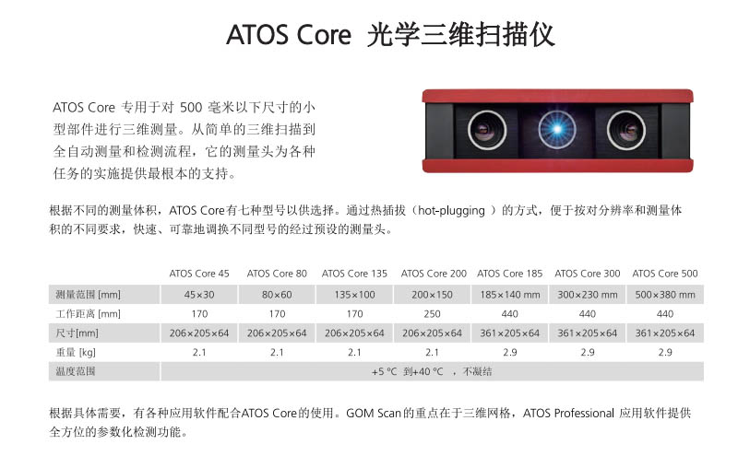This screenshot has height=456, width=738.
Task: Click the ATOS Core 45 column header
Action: pos(199,274)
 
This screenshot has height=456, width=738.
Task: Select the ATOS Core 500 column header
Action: pos(664,274)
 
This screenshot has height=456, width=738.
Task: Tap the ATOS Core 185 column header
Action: pos(510,274)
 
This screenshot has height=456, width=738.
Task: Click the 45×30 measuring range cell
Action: pos(199,295)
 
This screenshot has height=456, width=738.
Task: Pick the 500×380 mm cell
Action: pos(664,295)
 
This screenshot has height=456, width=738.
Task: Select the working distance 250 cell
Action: pos(432,314)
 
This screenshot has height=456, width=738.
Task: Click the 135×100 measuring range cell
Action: pos(354,295)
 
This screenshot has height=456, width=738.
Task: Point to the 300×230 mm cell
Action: pos(588,295)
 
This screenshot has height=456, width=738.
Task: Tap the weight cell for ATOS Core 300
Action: pos(588,352)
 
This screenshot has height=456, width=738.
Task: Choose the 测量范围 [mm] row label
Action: pos(88,295)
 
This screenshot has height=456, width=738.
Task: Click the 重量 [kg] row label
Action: pos(76,352)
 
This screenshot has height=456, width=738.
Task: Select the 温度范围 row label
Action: pos(76,371)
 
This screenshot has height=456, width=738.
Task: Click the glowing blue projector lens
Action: pos(557,129)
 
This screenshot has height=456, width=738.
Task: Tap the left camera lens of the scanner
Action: pos(487,130)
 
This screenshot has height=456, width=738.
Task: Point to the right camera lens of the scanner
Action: pos(626,130)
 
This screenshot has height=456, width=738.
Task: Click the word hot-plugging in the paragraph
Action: pos(451,211)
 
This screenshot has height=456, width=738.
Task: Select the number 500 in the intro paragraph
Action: pos(191,108)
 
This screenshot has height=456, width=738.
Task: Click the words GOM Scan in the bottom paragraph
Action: pos(374,414)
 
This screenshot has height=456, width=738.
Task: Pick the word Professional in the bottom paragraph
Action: pos(584,414)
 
